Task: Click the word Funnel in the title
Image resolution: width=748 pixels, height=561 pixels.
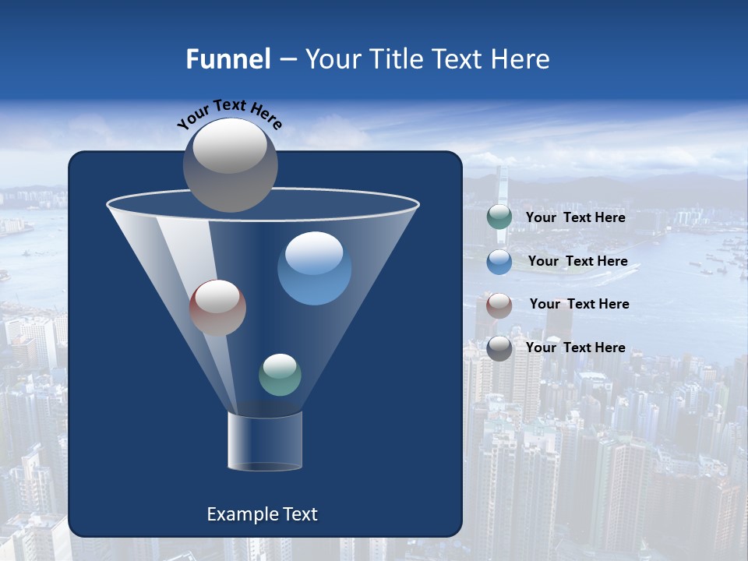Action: tap(228, 59)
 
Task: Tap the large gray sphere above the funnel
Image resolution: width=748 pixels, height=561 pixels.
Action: tap(231, 164)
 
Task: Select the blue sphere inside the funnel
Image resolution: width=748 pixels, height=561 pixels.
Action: tap(314, 269)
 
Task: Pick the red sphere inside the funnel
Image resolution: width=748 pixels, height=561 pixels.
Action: tap(217, 308)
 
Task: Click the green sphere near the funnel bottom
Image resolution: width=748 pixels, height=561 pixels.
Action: tap(280, 375)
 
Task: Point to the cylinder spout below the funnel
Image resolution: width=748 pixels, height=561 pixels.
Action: tap(265, 441)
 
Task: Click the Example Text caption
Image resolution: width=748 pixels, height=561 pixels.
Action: tap(263, 514)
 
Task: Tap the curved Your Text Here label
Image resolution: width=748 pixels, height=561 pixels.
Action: tap(229, 113)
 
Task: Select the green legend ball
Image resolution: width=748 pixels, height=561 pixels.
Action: tap(499, 217)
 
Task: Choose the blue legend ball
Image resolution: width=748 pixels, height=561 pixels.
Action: tap(499, 262)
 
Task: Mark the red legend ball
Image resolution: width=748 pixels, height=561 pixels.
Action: tap(499, 305)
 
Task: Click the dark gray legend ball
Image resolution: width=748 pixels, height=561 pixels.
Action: tap(499, 348)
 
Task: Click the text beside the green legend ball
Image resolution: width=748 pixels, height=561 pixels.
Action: tap(575, 218)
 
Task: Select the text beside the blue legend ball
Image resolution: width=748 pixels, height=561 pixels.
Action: tap(577, 262)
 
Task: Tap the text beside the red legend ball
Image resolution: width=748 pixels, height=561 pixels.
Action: tap(579, 305)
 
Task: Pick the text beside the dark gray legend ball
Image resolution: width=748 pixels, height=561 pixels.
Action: tap(575, 348)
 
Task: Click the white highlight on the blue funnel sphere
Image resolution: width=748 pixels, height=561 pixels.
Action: tap(314, 253)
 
